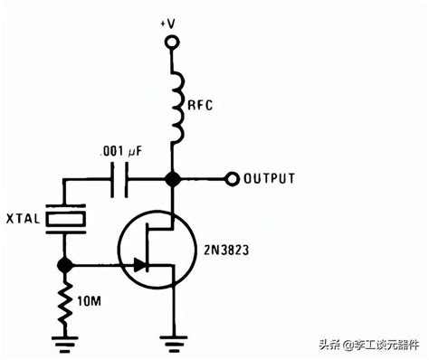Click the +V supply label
[x=169, y=21]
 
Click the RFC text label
[x=201, y=105]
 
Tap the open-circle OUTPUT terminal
[x=233, y=178]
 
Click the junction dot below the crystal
[x=66, y=265]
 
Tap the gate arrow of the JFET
[x=138, y=265]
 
